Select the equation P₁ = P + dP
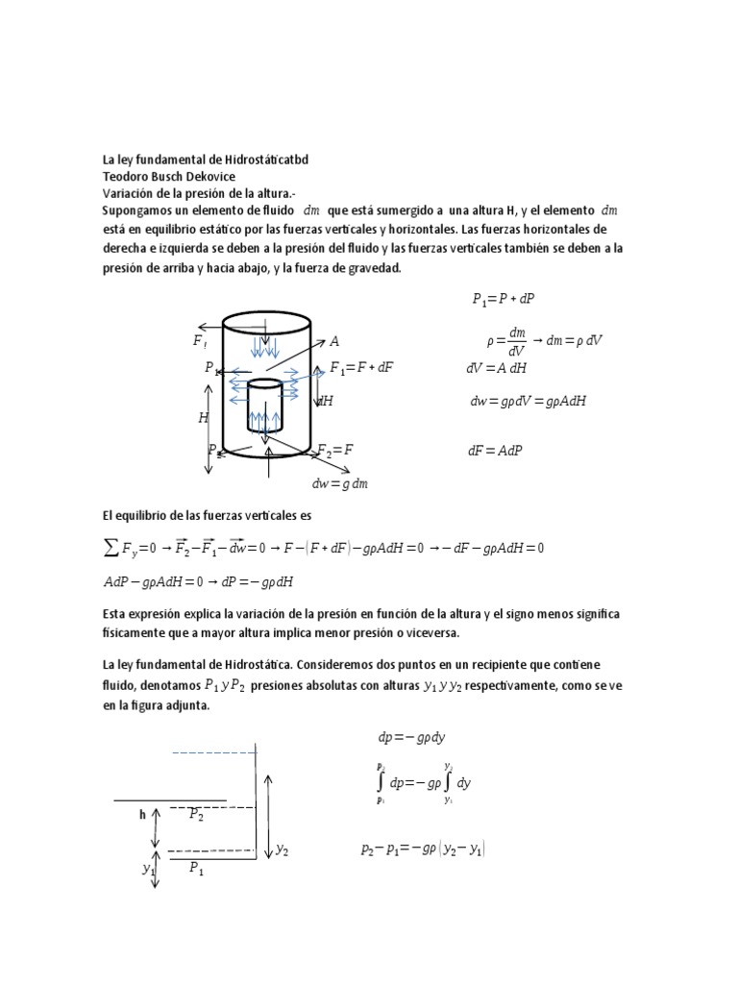click(x=503, y=299)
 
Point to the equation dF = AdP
click(x=495, y=450)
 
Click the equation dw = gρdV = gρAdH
click(x=528, y=402)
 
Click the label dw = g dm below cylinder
click(x=340, y=483)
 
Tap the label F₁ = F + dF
click(x=362, y=367)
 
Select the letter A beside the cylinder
click(x=334, y=341)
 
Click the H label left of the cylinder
click(x=203, y=417)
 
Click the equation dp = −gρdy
click(x=411, y=737)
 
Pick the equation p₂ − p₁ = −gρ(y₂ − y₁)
click(x=423, y=849)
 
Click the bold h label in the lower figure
click(x=141, y=814)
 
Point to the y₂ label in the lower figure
click(x=283, y=849)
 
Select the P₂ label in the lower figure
click(x=196, y=814)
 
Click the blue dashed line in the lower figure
click(x=213, y=752)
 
